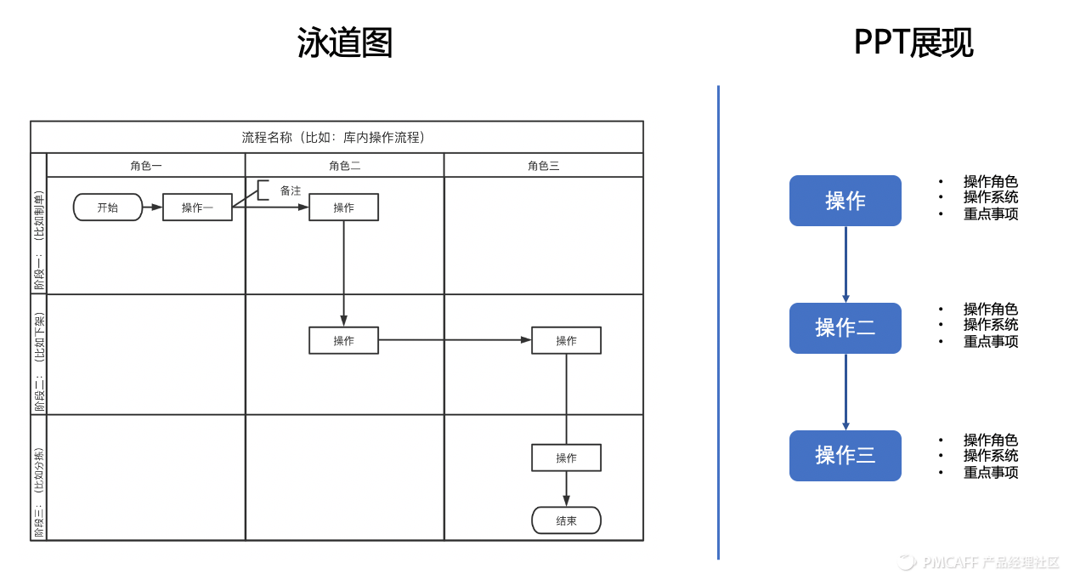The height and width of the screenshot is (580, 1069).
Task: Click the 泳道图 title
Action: (345, 43)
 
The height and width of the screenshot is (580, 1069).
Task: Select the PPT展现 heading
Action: (913, 43)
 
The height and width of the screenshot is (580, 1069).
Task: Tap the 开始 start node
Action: (108, 208)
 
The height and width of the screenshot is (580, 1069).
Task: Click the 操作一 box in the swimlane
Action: (197, 208)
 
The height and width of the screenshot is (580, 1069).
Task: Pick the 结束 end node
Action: (566, 520)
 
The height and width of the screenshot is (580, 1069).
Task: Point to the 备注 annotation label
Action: (291, 191)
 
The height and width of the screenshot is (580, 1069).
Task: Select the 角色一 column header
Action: (146, 166)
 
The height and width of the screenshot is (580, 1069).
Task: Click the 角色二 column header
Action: (344, 166)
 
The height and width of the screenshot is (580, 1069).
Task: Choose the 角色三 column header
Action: (543, 166)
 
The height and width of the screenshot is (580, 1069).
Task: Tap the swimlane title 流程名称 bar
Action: (337, 137)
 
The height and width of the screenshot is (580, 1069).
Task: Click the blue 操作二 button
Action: (845, 328)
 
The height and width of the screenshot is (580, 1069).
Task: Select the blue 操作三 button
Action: (845, 456)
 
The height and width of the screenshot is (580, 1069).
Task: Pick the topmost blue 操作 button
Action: (845, 201)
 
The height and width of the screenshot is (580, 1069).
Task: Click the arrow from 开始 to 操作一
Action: (152, 208)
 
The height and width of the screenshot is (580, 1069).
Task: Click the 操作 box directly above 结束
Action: (566, 458)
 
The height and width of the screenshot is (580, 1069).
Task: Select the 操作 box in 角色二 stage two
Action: (343, 341)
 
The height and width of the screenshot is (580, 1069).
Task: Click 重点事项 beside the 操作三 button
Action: (990, 473)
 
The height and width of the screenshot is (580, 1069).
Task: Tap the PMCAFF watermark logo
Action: (908, 562)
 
